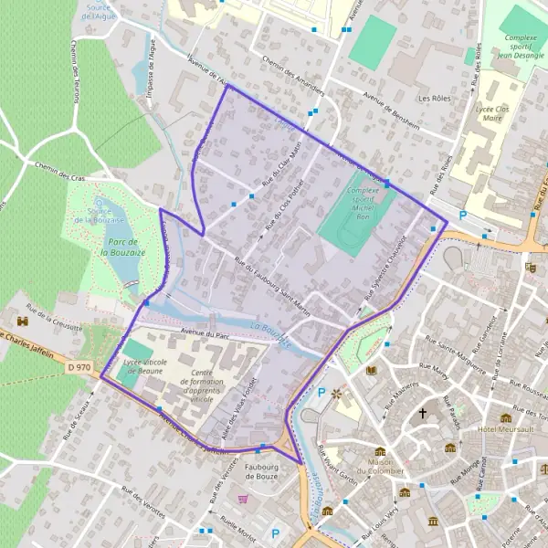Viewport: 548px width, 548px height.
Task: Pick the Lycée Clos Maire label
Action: [492, 112]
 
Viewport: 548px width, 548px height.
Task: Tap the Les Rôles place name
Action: [434, 98]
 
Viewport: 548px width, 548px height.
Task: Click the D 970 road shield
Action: [79, 342]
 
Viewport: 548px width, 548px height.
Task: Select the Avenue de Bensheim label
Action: [392, 111]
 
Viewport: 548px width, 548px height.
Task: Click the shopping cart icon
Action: [243, 499]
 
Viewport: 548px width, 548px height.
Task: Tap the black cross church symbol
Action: [422, 413]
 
